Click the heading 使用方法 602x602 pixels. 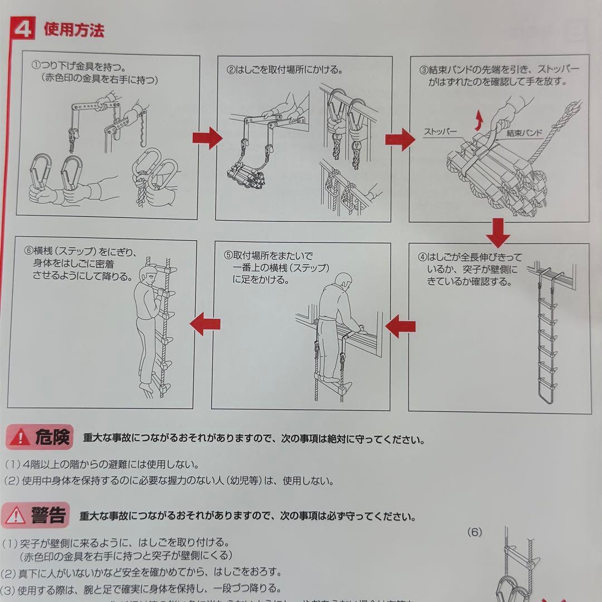pos(74,30)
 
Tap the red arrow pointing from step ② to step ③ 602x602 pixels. pos(400,139)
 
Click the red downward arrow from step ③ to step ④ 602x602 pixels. pos(498,232)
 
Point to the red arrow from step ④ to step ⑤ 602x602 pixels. pos(400,326)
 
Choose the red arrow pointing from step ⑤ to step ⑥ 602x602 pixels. pos(205,324)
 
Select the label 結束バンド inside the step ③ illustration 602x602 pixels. pos(525,134)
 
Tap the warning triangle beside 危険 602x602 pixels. pos(20,436)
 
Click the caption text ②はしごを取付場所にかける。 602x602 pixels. pos(284,70)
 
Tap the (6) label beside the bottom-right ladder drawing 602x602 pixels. pos(474,532)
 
